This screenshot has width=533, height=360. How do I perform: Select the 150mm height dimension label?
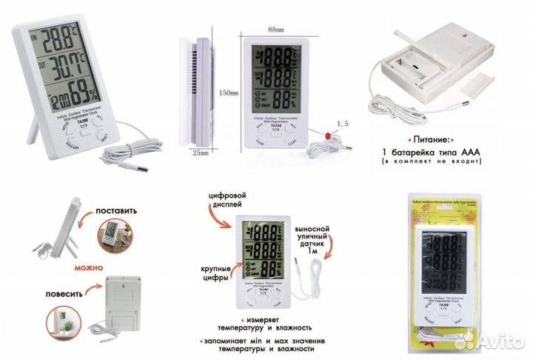click(229, 93)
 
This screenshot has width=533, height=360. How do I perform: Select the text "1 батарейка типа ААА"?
click(432, 153)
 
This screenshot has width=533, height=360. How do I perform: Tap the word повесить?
click(70, 291)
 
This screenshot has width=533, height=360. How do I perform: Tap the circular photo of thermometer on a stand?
click(109, 237)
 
